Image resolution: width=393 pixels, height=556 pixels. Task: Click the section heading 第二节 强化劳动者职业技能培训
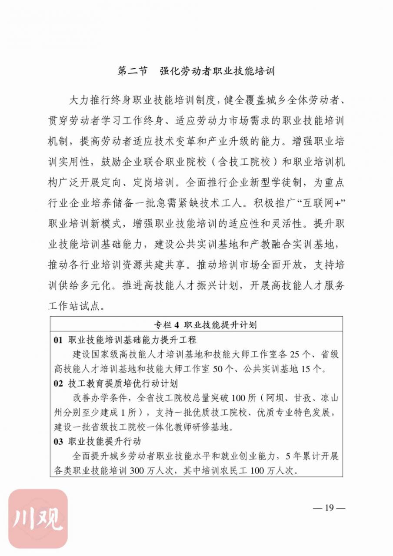pos(196,71)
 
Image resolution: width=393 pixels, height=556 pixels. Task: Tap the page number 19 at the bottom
pos(329,508)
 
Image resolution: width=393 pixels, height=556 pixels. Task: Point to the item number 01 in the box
pos(59,340)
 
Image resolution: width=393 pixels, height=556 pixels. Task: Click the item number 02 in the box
pos(59,384)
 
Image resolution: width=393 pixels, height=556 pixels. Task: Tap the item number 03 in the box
pos(59,441)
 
